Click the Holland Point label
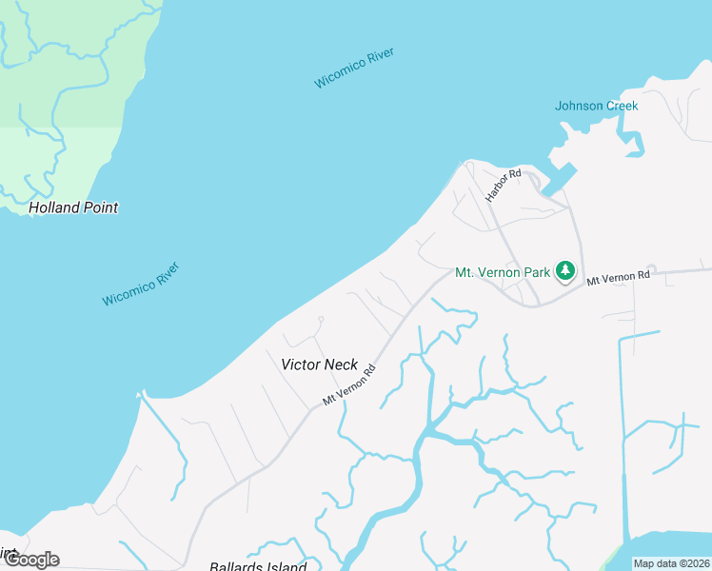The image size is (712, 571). pos(73,207)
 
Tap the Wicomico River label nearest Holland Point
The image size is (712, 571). pos(141,284)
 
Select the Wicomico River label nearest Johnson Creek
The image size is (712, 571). pos(354,68)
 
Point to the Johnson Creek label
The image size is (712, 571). pos(596,106)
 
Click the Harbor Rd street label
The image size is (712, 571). pos(504,186)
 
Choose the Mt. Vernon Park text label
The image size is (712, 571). pos(503,272)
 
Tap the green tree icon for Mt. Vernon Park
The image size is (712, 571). pos(565,271)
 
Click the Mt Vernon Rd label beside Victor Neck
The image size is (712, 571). pos(349,385)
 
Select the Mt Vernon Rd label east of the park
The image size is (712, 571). pos(617,278)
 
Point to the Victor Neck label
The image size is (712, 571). pos(320,364)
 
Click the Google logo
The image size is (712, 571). pos(30,560)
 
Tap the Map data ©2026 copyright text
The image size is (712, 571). pos(671,563)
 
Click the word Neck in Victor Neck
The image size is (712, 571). pos(342,364)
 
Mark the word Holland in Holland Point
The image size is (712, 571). pos(54,207)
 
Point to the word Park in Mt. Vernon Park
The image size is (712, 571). pos(537,272)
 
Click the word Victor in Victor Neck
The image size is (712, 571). pos(301,364)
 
